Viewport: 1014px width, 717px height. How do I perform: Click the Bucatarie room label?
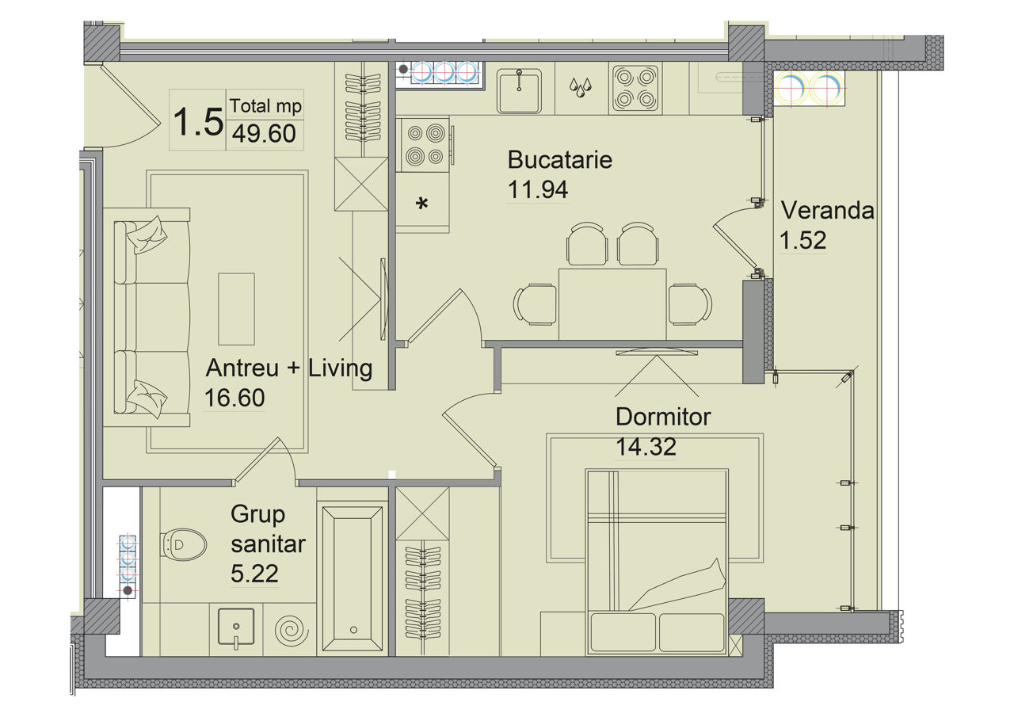[x=559, y=160]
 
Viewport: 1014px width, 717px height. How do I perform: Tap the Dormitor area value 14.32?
[x=646, y=447]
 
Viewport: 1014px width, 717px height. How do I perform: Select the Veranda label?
[x=828, y=211]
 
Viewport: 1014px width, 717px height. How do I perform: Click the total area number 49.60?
[x=265, y=134]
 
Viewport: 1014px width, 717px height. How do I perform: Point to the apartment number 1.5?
[x=198, y=121]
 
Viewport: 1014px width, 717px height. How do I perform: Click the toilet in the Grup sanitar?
[x=183, y=545]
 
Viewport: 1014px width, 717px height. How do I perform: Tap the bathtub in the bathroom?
[x=353, y=578]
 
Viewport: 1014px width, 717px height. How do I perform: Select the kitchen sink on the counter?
[x=519, y=91]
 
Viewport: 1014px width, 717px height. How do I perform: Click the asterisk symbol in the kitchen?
[x=422, y=204]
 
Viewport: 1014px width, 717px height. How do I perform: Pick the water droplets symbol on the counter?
[x=580, y=87]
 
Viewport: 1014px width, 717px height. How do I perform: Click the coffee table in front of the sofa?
[x=236, y=309]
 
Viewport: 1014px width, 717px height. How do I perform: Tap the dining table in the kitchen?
[x=612, y=304]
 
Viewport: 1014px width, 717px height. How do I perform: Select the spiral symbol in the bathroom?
[x=292, y=629]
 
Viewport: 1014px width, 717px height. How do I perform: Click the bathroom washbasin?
[x=236, y=627]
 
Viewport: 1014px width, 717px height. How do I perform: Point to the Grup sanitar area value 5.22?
[x=254, y=574]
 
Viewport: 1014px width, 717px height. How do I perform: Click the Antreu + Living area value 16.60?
[x=234, y=398]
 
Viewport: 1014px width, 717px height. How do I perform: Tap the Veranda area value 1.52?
[x=802, y=240]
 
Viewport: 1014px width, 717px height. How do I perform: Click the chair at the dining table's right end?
[x=689, y=304]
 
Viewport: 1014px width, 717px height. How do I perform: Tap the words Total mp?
[x=265, y=106]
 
